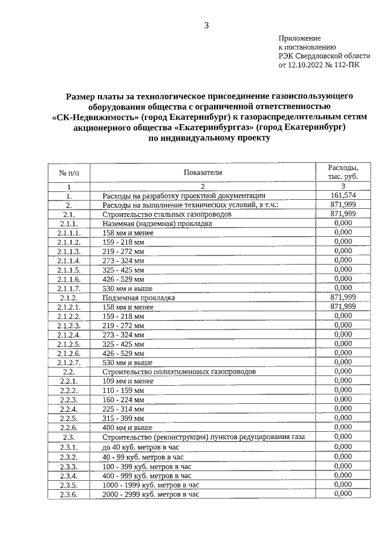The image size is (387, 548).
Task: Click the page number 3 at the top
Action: (x=206, y=25)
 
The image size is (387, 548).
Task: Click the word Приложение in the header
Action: (x=299, y=38)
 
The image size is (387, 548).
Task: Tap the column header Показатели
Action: (x=203, y=173)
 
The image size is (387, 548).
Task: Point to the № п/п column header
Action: (x=69, y=173)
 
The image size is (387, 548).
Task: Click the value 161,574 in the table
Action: (x=343, y=196)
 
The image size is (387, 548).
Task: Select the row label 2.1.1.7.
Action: (x=69, y=288)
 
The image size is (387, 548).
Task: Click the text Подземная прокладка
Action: (x=138, y=298)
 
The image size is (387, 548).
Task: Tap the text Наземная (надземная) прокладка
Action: (x=157, y=223)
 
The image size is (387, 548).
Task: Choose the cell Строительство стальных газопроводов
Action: (x=166, y=214)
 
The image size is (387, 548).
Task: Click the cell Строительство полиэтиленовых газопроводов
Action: (x=179, y=371)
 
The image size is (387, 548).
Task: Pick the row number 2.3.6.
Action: (x=69, y=494)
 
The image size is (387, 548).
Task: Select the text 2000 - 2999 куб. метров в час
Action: (x=151, y=494)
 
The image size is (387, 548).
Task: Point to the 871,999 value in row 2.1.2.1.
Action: (x=343, y=306)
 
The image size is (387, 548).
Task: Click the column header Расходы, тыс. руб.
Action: (x=343, y=172)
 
